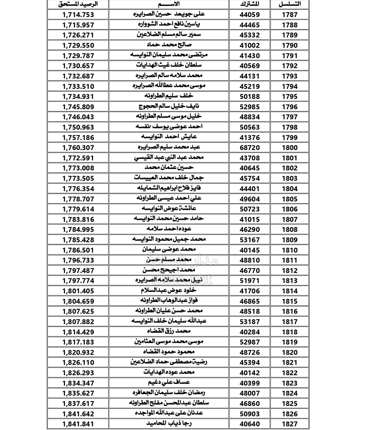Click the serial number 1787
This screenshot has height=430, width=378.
(x=290, y=15)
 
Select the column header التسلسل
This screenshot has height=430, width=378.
(x=290, y=4)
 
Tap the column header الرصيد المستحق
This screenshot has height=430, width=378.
(x=78, y=4)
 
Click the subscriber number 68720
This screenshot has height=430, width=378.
(x=249, y=148)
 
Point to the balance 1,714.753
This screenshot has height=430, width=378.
(x=78, y=15)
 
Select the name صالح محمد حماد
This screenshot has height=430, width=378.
(x=169, y=45)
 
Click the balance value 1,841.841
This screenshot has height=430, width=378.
(x=78, y=424)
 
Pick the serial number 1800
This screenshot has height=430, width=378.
(x=290, y=148)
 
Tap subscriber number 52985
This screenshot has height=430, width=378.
(x=249, y=107)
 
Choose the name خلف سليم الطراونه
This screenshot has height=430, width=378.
(x=169, y=96)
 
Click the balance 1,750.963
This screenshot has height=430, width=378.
(x=78, y=127)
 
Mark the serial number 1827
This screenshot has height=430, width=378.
(x=290, y=424)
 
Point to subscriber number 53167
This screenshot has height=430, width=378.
(x=249, y=240)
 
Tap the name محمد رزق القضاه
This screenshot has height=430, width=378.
(x=169, y=332)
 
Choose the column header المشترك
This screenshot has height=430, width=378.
(x=249, y=4)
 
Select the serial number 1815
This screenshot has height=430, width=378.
(x=290, y=301)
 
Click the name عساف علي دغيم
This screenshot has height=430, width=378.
(x=169, y=383)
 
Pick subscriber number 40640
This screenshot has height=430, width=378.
(x=249, y=424)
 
